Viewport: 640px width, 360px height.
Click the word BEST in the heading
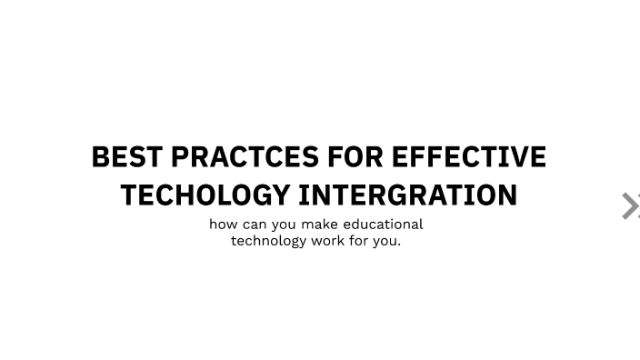[127, 157]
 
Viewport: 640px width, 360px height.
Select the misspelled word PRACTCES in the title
[245, 157]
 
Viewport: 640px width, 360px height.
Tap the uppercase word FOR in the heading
[355, 157]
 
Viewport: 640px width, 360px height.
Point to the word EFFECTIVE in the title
[468, 157]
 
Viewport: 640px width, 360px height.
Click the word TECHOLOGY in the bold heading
[205, 195]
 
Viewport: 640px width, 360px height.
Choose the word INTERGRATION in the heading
[408, 195]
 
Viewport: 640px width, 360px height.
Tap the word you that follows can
[288, 225]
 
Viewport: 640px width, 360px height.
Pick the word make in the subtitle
[323, 224]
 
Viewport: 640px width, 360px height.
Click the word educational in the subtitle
[383, 224]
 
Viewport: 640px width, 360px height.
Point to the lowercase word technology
[268, 242]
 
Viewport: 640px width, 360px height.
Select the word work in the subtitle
[328, 241]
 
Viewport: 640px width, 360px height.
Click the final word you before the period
[385, 242]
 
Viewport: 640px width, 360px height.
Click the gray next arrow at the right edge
[629, 205]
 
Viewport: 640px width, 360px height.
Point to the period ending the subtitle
[399, 245]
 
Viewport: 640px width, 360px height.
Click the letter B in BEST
[101, 157]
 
